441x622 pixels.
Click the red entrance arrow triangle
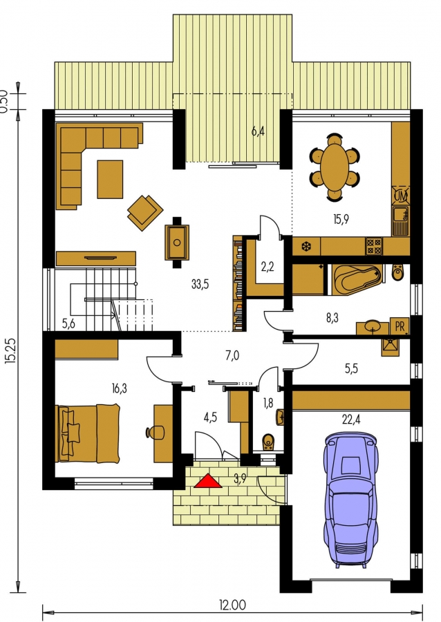point(208,481)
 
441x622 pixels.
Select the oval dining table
point(335,167)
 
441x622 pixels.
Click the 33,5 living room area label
point(200,284)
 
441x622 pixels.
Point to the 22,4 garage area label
point(350,419)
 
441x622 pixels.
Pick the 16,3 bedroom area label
point(119,388)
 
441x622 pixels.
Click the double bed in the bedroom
point(88,433)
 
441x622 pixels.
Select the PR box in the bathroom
point(400,326)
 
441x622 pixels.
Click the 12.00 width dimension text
point(232,605)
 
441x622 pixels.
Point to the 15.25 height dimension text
point(10,350)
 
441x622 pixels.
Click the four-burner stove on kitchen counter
point(374,245)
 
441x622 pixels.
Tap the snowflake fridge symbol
point(306,246)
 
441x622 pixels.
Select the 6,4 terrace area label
point(259,131)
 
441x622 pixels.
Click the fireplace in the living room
point(177,243)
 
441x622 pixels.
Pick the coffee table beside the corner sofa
point(110,179)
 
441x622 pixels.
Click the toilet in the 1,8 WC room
point(268,442)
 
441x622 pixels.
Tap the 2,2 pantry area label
point(268,267)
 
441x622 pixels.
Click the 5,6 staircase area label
point(68,323)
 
